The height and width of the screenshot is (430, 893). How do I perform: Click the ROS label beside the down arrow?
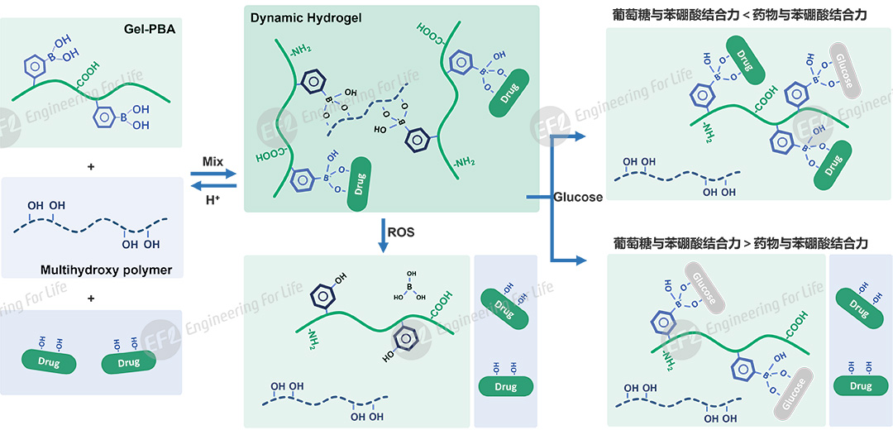click(401, 232)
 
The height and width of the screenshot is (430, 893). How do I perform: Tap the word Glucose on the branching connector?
click(578, 197)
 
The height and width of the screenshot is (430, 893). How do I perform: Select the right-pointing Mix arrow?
click(213, 173)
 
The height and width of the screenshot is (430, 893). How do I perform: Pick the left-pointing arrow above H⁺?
click(213, 184)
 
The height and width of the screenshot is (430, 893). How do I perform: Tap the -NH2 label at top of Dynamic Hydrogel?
click(300, 54)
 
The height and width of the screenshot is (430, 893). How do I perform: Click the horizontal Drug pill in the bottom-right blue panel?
click(860, 385)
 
